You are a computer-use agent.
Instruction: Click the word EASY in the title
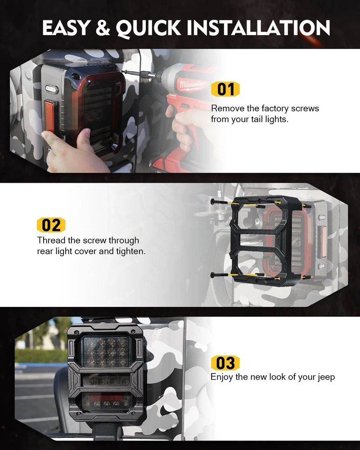[x=66, y=28]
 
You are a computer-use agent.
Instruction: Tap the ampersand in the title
[x=103, y=28]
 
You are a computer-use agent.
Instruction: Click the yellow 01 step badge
[x=225, y=89]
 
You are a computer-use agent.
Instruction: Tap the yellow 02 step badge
[x=51, y=225]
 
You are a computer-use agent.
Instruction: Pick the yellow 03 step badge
[x=225, y=363]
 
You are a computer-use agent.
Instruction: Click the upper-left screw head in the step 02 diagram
[x=213, y=202]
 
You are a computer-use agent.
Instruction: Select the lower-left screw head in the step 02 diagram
[x=213, y=275]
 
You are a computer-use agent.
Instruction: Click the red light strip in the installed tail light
[x=107, y=398]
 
